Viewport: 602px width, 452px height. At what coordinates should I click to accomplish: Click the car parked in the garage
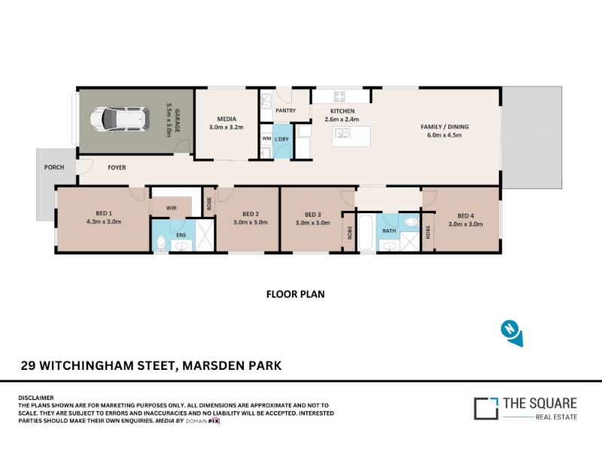120,119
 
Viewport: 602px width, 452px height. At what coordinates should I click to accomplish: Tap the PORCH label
54,167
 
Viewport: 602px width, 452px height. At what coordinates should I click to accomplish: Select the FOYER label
117,167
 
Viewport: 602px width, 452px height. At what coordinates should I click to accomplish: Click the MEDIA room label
227,119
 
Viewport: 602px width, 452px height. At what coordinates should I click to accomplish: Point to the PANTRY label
286,111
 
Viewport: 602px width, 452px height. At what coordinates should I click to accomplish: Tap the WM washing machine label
266,139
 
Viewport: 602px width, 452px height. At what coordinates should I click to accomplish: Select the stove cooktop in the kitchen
339,96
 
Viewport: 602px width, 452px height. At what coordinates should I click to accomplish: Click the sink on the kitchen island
342,133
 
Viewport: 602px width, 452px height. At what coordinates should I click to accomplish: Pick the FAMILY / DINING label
445,127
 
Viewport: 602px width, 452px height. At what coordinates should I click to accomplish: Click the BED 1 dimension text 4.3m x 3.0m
104,221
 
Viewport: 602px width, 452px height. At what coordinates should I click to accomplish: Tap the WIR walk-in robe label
172,208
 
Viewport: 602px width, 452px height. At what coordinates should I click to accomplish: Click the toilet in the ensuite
161,243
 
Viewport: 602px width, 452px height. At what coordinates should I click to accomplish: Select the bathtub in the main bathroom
366,233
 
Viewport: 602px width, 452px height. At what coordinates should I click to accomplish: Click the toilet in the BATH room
412,221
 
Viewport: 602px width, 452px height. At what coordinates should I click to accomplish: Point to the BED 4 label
466,216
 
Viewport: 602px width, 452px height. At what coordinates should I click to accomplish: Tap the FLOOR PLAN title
296,295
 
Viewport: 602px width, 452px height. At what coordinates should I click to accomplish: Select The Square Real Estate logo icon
485,408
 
